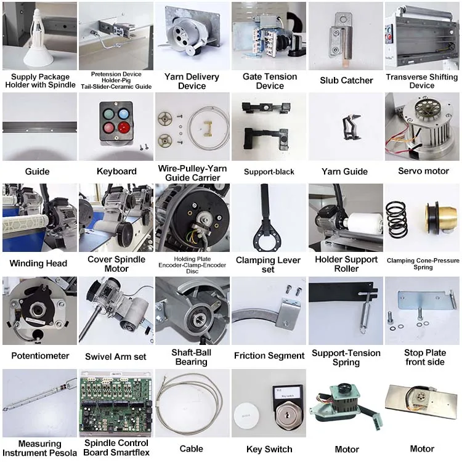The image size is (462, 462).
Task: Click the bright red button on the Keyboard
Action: (x=124, y=128)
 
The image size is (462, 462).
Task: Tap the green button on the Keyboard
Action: (x=108, y=114)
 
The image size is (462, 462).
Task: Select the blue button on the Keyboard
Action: (x=123, y=113)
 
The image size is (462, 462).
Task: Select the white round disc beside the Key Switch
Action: (x=246, y=416)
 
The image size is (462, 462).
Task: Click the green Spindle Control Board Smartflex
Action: (x=116, y=403)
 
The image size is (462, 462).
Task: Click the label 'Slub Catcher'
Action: (x=346, y=81)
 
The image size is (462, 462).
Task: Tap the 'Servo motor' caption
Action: (x=423, y=171)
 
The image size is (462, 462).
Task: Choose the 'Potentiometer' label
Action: (x=40, y=355)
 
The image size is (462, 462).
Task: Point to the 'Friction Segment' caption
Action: (x=269, y=355)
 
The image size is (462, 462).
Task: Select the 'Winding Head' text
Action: (x=38, y=263)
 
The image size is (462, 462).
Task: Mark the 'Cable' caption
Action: (x=191, y=448)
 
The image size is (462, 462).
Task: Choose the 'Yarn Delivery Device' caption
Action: (x=192, y=81)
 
